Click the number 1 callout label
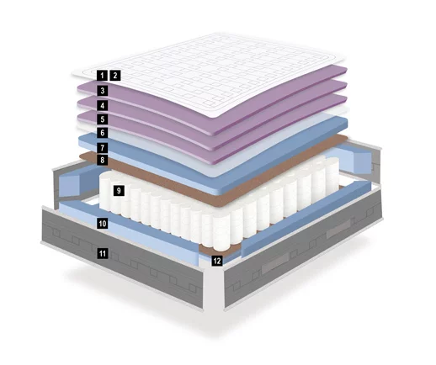click(x=102, y=76)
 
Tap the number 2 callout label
click(x=115, y=76)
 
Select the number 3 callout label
click(x=102, y=91)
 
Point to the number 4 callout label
click(x=102, y=105)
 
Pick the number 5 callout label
click(x=102, y=119)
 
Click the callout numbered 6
click(x=102, y=132)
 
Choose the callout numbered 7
click(x=102, y=147)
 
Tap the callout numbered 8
click(x=102, y=160)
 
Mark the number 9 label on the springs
click(x=119, y=191)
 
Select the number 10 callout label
click(x=103, y=224)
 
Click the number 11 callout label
click(x=103, y=254)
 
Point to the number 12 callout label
click(x=217, y=261)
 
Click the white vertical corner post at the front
click(x=213, y=283)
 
